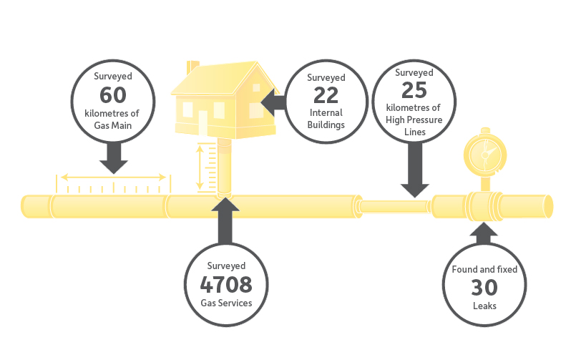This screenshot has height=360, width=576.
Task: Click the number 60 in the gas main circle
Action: (x=113, y=94)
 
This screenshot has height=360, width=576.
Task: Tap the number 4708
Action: (x=226, y=284)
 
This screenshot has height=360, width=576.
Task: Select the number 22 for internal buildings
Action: (x=326, y=95)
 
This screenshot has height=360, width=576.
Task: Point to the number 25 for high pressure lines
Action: (x=414, y=90)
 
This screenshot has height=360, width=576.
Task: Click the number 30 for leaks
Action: (x=484, y=287)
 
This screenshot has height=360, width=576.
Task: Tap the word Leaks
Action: (x=484, y=306)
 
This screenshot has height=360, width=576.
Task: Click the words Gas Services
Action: (x=226, y=303)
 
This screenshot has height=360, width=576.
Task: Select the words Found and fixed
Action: (x=484, y=269)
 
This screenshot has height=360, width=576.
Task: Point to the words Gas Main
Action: (x=113, y=125)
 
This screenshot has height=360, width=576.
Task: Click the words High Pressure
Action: (x=414, y=120)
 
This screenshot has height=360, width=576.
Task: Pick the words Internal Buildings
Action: (x=326, y=119)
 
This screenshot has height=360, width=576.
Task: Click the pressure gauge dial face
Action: (x=485, y=155)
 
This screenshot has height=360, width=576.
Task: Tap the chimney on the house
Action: (x=193, y=67)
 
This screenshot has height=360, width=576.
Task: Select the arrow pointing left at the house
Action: (x=273, y=102)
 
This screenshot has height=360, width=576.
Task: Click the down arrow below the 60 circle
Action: (x=114, y=158)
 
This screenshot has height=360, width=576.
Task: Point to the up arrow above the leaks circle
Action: (x=484, y=233)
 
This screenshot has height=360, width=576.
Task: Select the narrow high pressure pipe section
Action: (x=395, y=206)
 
